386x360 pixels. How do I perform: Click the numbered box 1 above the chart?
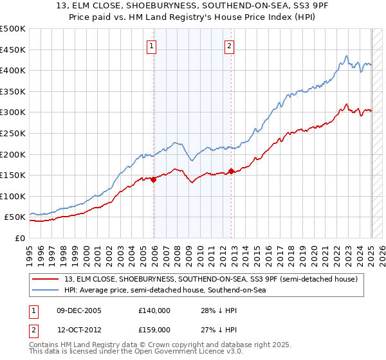pos(152,46)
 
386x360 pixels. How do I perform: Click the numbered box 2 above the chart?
pos(230,46)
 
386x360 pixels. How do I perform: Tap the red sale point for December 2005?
pos(154,180)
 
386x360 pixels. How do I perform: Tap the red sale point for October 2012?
pos(232,172)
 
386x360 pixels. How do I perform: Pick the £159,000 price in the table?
pos(154,329)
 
